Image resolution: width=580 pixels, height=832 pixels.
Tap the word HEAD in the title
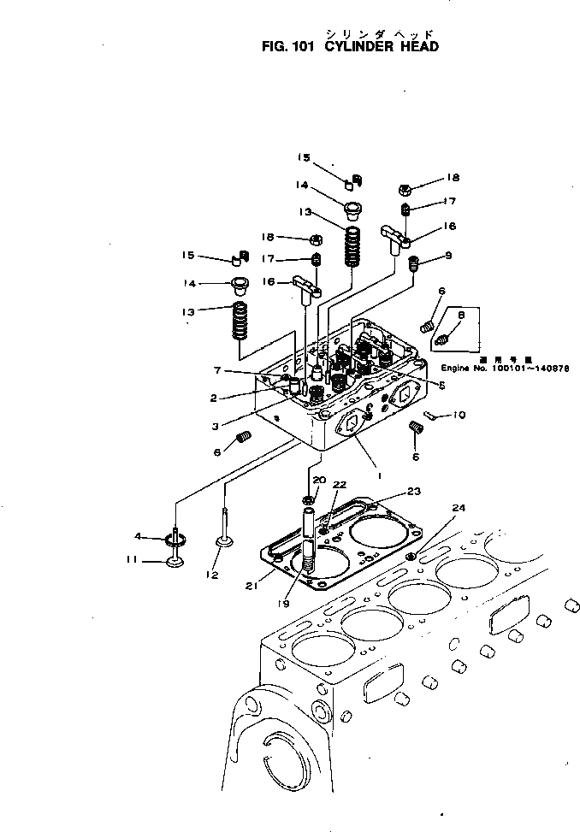[x=419, y=46]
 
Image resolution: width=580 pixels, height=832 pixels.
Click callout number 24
[x=459, y=508]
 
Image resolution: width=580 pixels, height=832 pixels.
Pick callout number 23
[x=414, y=491]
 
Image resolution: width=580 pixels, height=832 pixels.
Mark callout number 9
[x=447, y=255]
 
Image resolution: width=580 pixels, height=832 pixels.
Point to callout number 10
[x=459, y=416]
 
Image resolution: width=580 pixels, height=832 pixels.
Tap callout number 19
[x=284, y=604]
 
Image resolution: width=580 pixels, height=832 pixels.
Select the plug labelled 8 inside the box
[x=443, y=341]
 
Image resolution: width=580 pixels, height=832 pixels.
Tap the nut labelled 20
[x=309, y=499]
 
